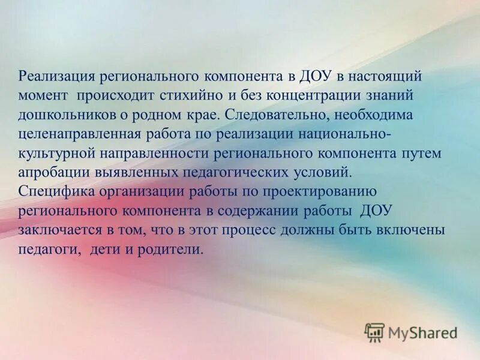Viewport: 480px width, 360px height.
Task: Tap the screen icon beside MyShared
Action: [374, 332]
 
